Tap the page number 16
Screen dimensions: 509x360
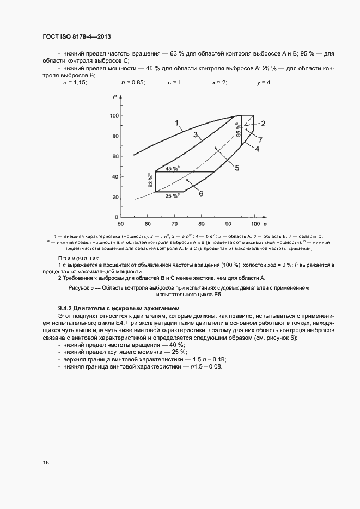click(x=46, y=462)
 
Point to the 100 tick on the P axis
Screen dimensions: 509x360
click(x=113, y=116)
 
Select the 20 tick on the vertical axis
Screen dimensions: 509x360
click(x=114, y=197)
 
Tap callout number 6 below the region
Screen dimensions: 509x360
click(x=200, y=193)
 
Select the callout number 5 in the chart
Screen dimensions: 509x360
click(x=237, y=168)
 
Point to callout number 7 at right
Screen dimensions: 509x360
click(x=260, y=139)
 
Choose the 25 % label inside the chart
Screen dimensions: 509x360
click(x=172, y=195)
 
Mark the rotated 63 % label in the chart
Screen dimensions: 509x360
click(x=150, y=181)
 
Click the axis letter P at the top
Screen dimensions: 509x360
click(x=115, y=96)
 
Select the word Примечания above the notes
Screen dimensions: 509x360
click(x=78, y=258)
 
